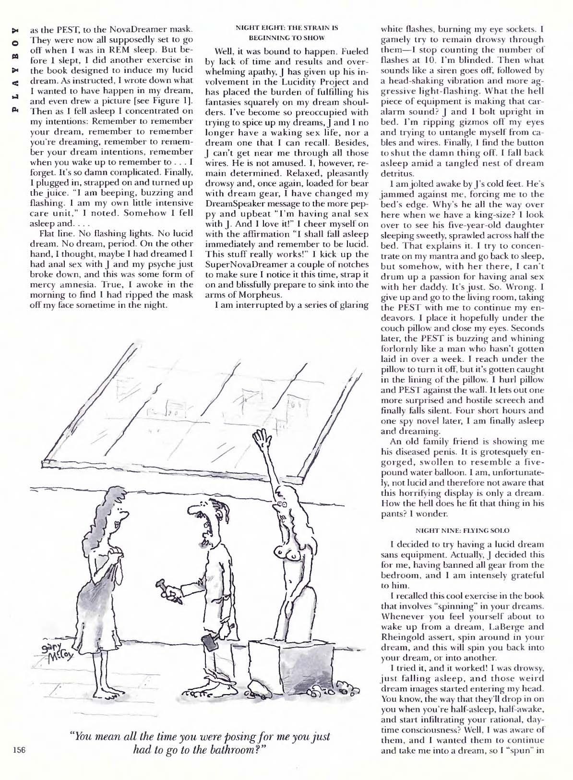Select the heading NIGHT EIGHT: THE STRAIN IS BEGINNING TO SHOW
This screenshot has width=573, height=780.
(x=287, y=33)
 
